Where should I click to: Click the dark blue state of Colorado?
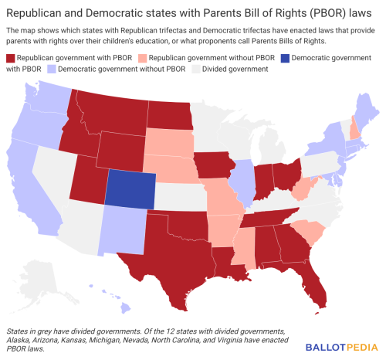pyautogui.click(x=129, y=188)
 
